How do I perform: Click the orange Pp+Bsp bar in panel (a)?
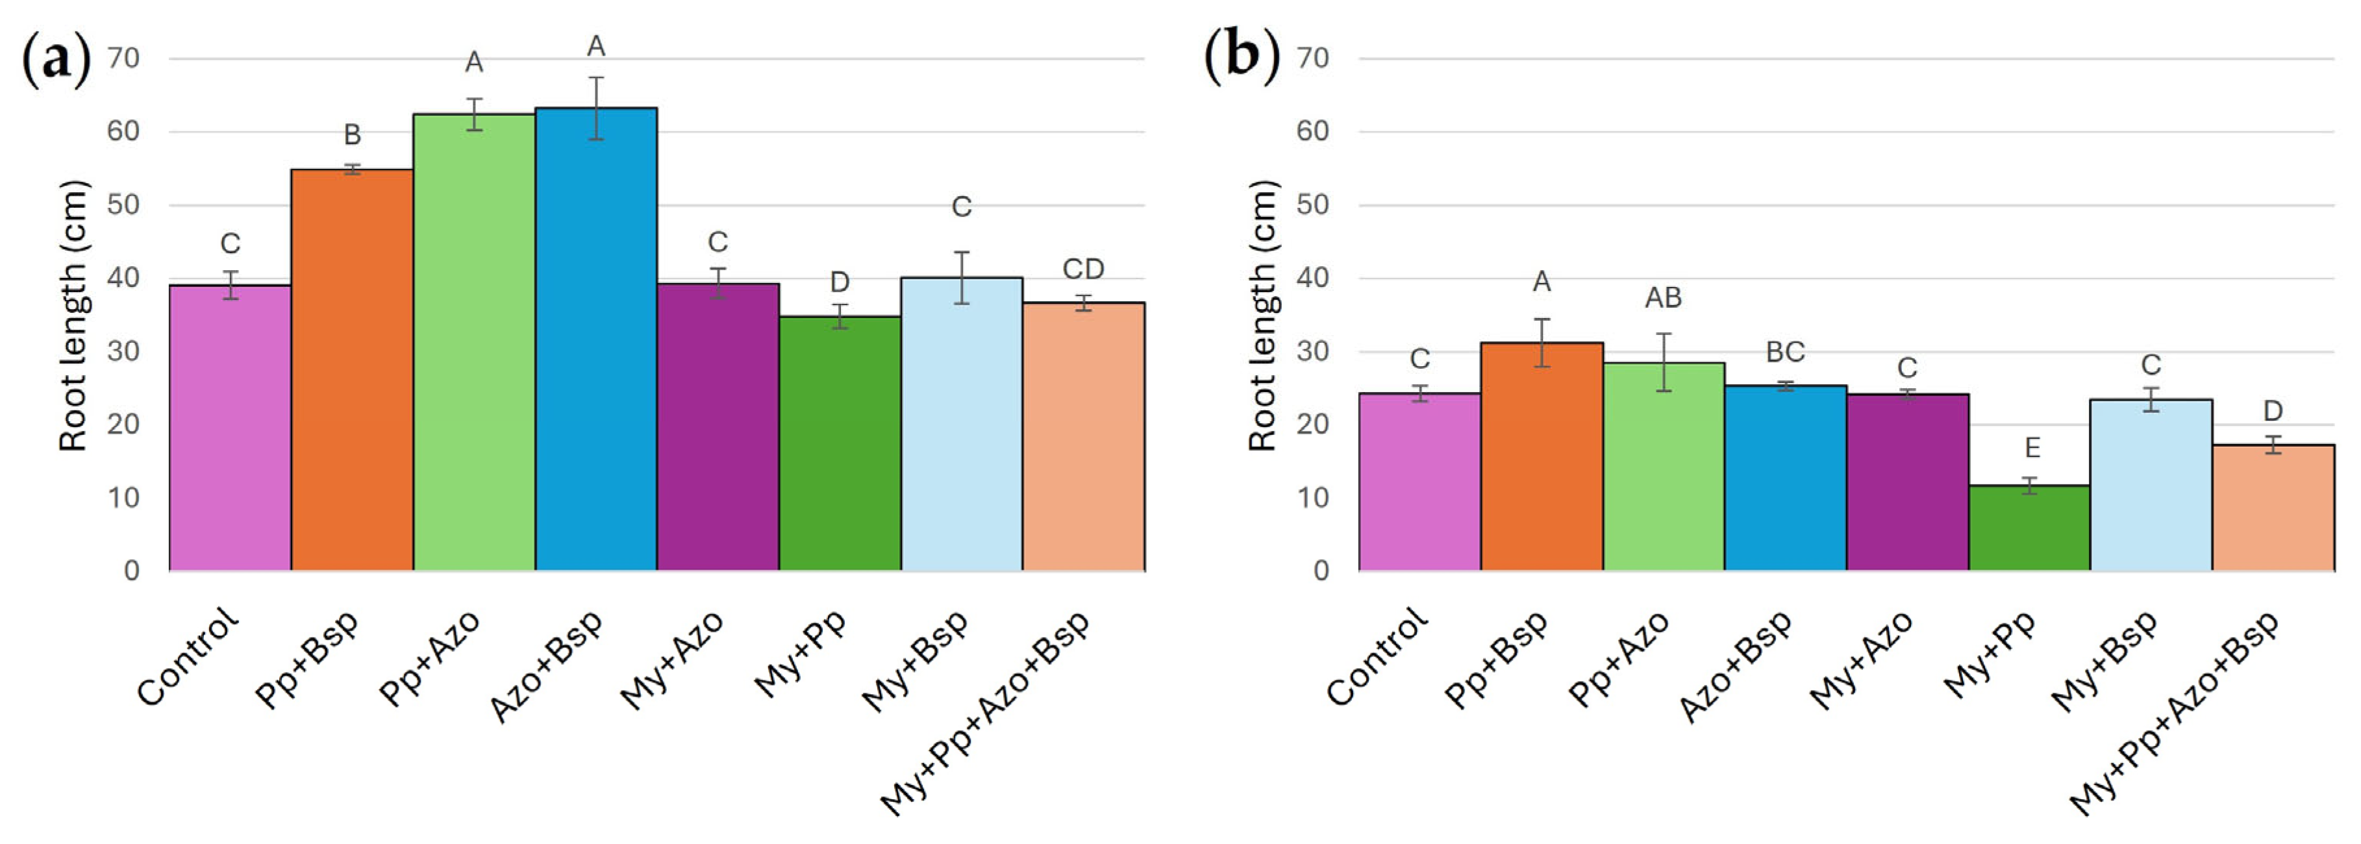(x=352, y=369)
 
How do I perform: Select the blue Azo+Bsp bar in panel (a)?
(x=595, y=339)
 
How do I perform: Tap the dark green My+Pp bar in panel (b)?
(x=2029, y=528)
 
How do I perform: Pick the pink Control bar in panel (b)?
(x=1419, y=482)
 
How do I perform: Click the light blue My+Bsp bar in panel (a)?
(x=962, y=423)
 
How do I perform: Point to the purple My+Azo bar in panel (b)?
(x=1907, y=482)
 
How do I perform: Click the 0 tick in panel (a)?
(x=132, y=571)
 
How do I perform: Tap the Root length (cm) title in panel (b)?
(x=1262, y=316)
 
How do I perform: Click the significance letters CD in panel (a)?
(x=1083, y=269)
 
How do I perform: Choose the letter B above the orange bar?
(x=352, y=134)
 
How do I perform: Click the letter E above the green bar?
(x=2032, y=447)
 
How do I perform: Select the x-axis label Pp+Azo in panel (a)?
(x=429, y=659)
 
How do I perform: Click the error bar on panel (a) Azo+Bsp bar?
(x=595, y=108)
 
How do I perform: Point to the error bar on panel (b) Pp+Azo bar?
(x=1664, y=362)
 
